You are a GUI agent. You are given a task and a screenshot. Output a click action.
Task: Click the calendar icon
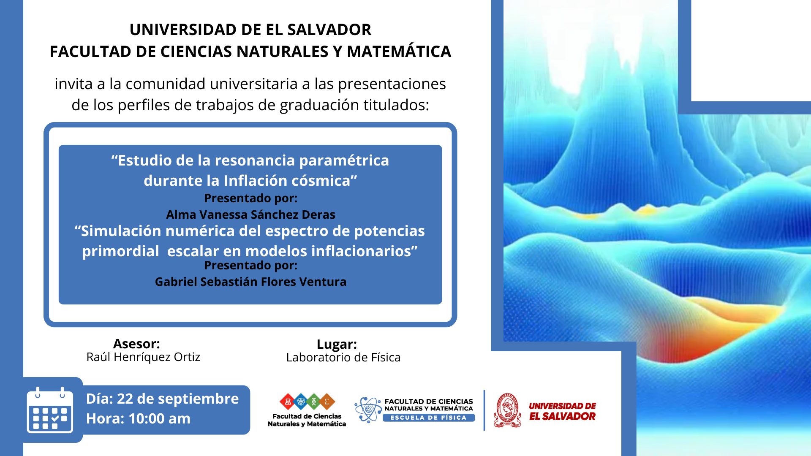[x=50, y=410]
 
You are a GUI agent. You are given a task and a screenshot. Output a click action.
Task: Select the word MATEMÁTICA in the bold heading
[x=399, y=52]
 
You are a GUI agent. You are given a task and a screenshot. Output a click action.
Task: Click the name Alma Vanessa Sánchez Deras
[x=250, y=214]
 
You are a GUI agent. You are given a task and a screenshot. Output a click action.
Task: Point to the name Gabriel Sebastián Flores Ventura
[x=250, y=282]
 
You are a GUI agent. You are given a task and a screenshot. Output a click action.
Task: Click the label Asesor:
[x=136, y=344]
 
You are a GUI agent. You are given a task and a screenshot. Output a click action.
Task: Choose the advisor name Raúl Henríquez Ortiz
[x=143, y=357]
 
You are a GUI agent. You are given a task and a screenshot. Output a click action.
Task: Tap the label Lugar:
[x=337, y=344]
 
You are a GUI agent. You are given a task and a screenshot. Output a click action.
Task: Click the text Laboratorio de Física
[x=343, y=358]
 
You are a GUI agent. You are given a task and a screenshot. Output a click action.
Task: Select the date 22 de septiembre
[x=178, y=399]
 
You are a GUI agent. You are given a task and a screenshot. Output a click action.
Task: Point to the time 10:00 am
[x=159, y=418]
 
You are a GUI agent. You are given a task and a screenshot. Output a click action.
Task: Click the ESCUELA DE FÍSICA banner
[x=428, y=418]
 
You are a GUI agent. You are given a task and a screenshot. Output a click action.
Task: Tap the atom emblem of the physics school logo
[x=368, y=410]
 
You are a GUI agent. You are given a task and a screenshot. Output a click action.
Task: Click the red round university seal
[x=507, y=410]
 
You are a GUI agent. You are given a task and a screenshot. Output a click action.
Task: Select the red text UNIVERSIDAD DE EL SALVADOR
[x=562, y=411]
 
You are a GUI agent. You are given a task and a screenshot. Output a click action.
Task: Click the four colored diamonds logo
[x=307, y=402]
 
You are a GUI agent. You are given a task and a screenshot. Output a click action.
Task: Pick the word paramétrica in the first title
[x=344, y=161]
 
